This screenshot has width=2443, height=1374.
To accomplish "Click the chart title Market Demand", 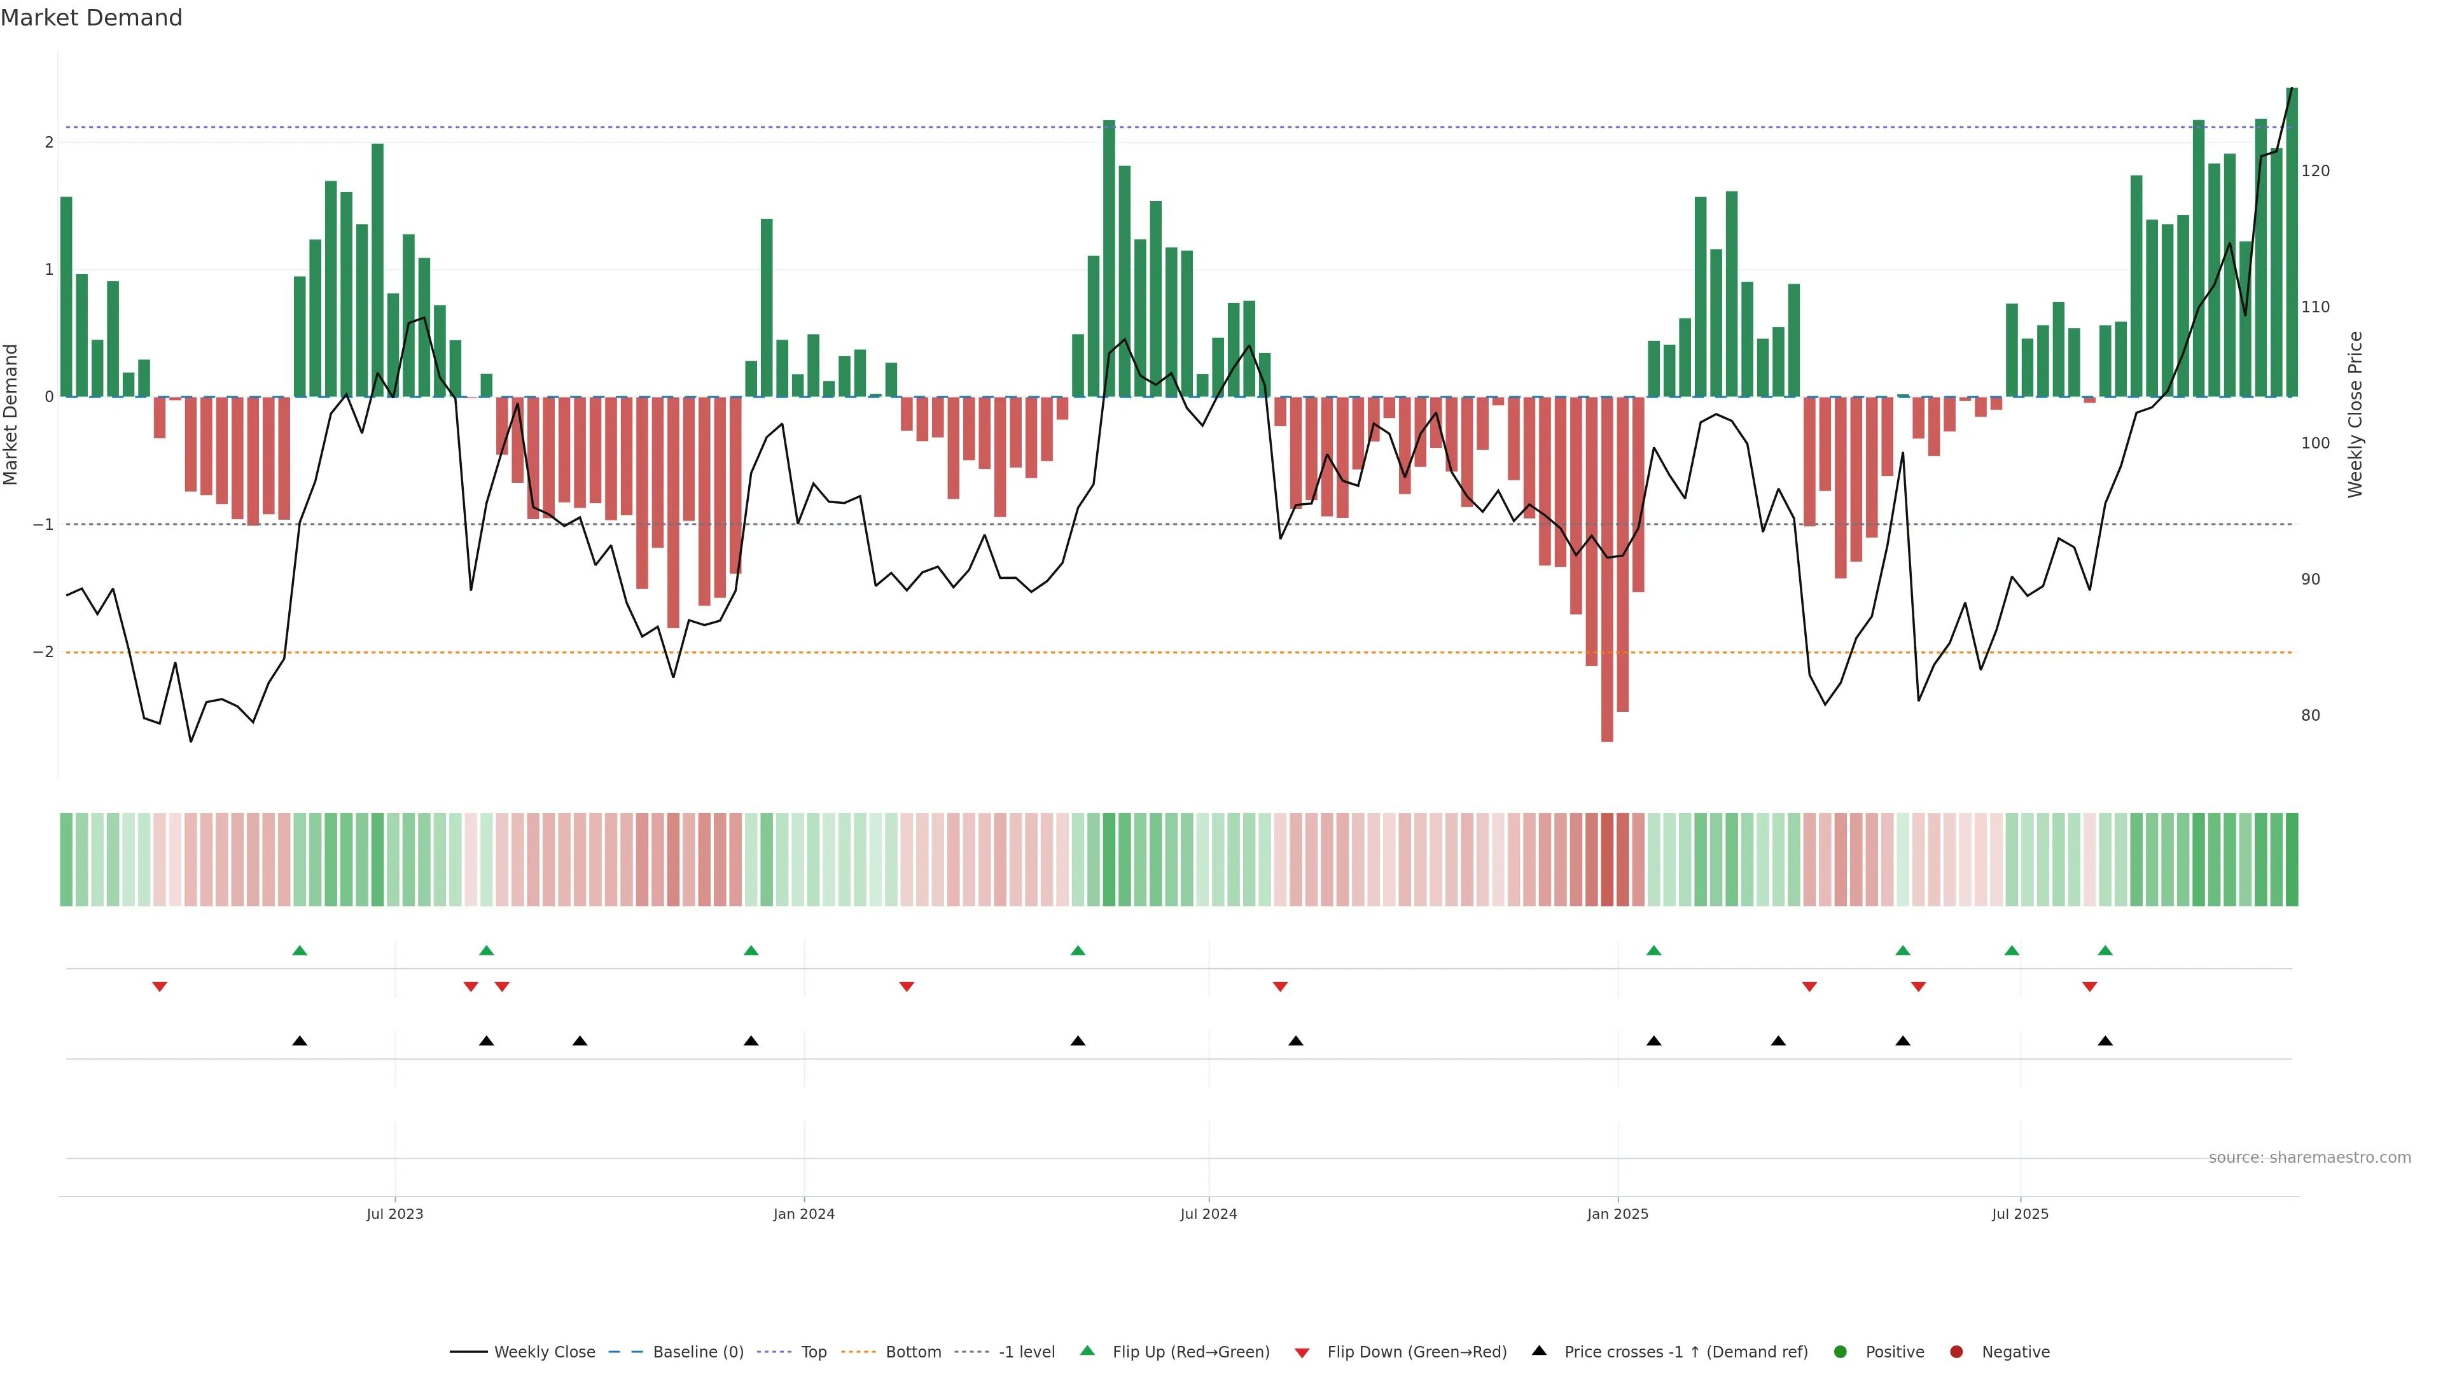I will [x=91, y=18].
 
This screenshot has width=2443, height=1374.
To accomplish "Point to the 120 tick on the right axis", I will [x=2315, y=170].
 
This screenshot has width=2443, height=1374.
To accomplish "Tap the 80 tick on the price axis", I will [x=2310, y=716].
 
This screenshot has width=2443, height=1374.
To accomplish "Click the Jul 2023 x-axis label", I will [x=394, y=1214].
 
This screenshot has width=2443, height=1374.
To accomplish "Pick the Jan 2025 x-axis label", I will [x=1617, y=1214].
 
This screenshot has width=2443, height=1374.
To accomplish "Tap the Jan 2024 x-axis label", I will [x=804, y=1214].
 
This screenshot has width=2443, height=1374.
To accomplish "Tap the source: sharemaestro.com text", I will [x=2309, y=1158].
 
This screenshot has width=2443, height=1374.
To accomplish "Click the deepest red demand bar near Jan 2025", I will [x=1606, y=569].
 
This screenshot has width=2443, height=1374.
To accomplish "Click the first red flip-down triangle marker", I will [x=159, y=987].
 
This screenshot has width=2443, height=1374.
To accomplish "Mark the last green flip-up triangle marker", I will [x=2105, y=950].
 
